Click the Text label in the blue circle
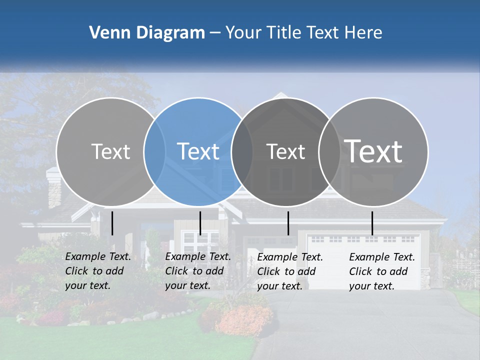tap(198, 151)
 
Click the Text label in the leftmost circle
tap(110, 151)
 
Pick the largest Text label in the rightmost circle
tap(373, 151)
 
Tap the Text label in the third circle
tap(285, 151)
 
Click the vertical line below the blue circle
tap(200, 223)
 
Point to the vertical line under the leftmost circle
tap(112, 223)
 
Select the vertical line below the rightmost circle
tap(372, 223)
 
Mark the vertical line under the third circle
tap(288, 223)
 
